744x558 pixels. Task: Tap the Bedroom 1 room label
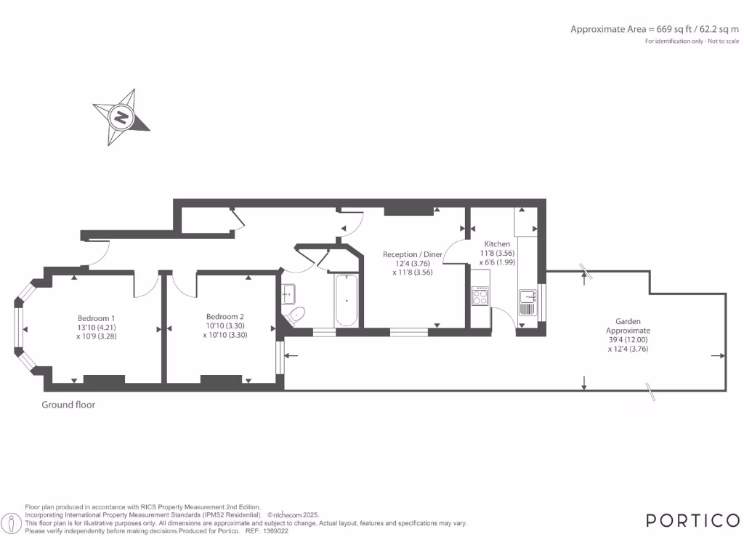[97, 318]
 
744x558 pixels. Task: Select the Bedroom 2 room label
[225, 317]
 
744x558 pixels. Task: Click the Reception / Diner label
[413, 254]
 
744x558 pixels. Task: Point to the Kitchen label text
[497, 244]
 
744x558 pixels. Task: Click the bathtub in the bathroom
[347, 300]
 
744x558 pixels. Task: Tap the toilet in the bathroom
[296, 315]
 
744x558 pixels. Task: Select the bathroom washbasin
[291, 293]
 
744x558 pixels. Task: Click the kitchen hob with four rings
[480, 296]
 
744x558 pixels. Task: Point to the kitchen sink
[527, 296]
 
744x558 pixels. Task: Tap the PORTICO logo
[692, 520]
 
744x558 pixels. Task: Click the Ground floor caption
[68, 405]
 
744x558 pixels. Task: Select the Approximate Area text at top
[654, 29]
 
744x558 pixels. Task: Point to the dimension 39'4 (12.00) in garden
[628, 339]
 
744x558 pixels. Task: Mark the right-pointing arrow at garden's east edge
[719, 356]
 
